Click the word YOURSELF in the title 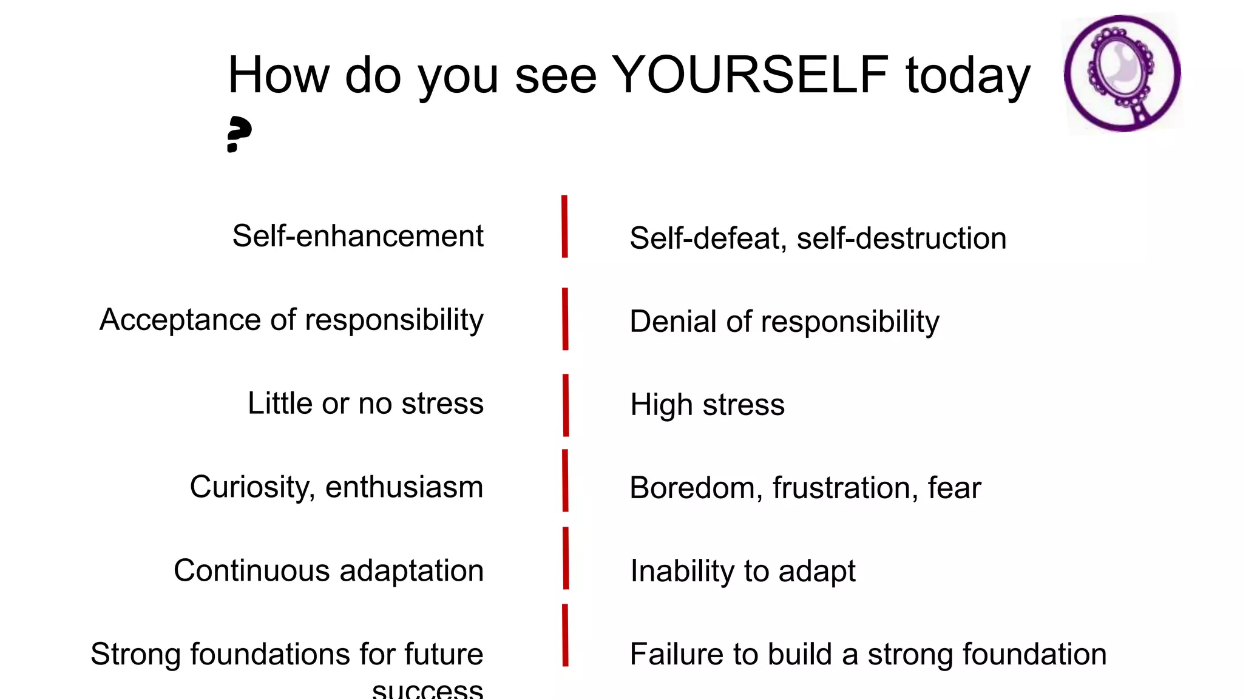pyautogui.click(x=750, y=75)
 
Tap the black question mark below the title pyautogui.click(x=239, y=134)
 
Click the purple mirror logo pyautogui.click(x=1122, y=73)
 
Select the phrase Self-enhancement pyautogui.click(x=357, y=236)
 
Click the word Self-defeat pyautogui.click(x=703, y=238)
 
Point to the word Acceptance pyautogui.click(x=180, y=320)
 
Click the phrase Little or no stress pyautogui.click(x=365, y=404)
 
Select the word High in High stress pyautogui.click(x=661, y=405)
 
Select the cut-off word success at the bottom pyautogui.click(x=427, y=690)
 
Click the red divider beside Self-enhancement pyautogui.click(x=564, y=226)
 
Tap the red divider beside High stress pyautogui.click(x=566, y=405)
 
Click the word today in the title pyautogui.click(x=967, y=76)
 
